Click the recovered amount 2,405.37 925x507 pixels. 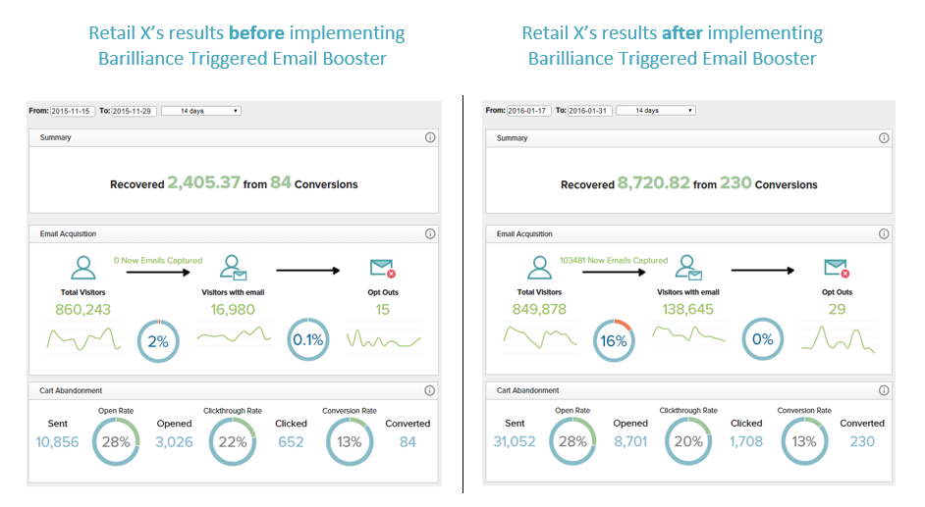pos(203,183)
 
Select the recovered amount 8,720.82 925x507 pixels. pos(654,183)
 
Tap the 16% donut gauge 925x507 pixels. pos(614,341)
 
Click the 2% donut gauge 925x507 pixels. pos(157,341)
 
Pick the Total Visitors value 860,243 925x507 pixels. pos(83,310)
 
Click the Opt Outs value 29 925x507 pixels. pos(838,310)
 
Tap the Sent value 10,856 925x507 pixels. pos(58,442)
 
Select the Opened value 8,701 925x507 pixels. pos(629,442)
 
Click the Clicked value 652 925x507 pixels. pos(291,442)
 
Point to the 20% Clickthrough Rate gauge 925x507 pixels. pos(688,441)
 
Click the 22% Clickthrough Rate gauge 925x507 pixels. pos(232,441)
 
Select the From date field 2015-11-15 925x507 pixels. pos(72,111)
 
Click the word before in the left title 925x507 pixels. pos(256,33)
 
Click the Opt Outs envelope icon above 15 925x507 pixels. pos(381,268)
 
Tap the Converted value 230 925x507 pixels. pos(862,442)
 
